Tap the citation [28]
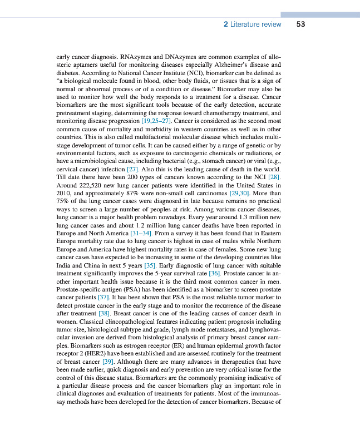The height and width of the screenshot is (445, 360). (x=272, y=177)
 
